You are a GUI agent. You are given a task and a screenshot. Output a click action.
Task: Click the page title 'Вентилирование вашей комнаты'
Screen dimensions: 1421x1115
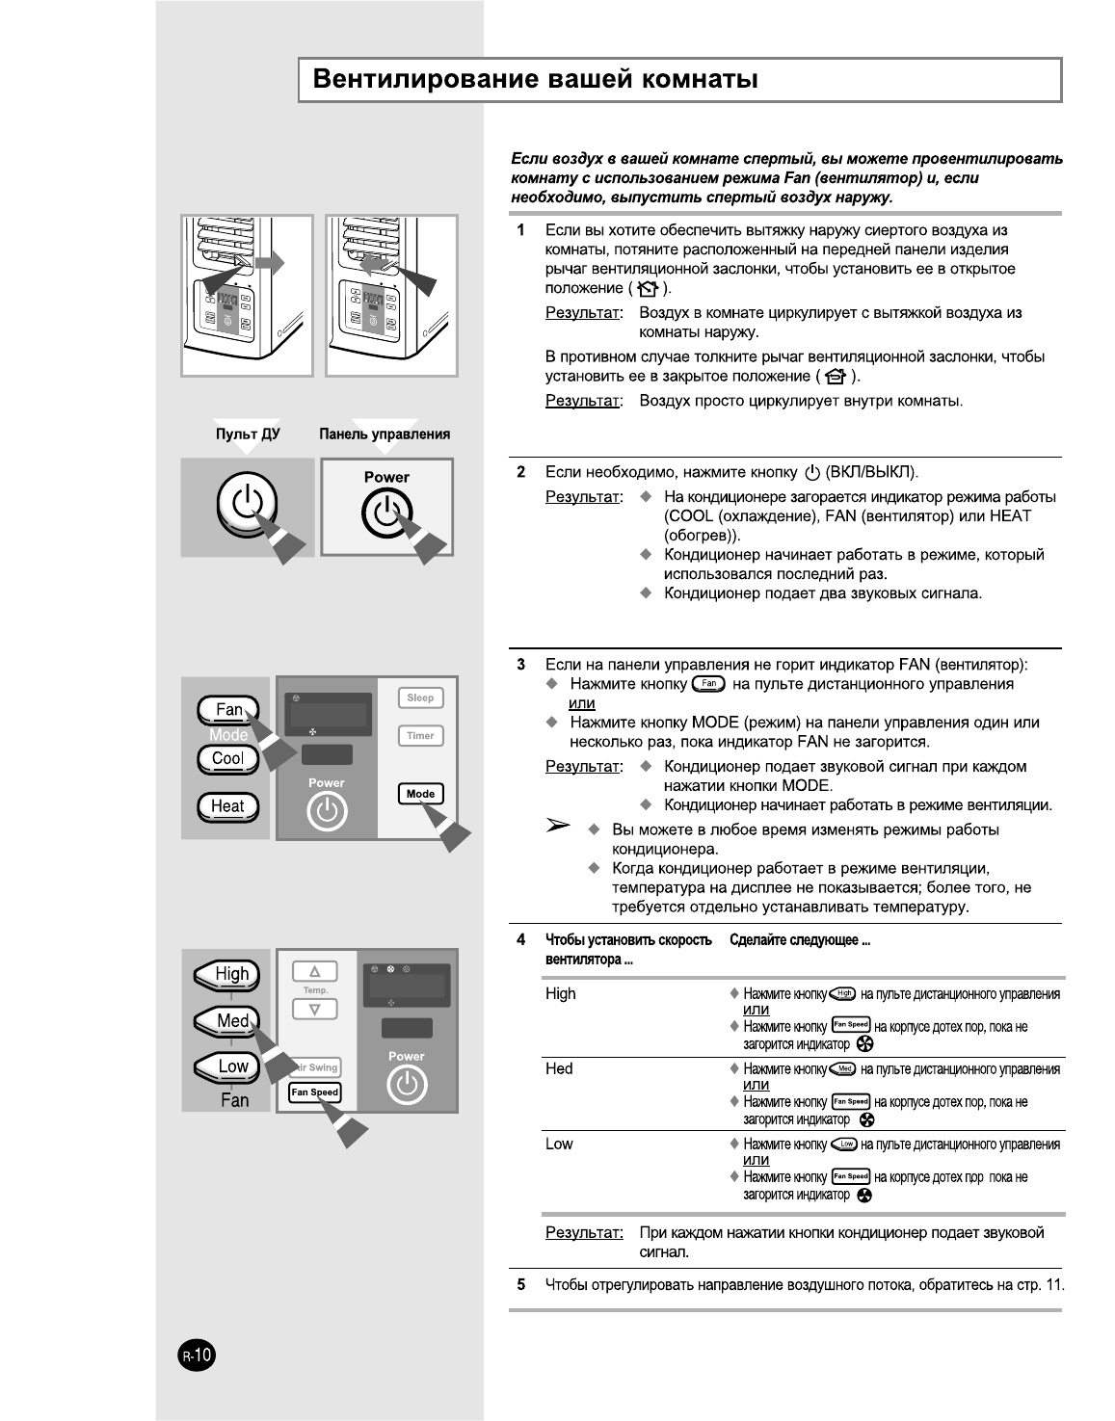click(536, 79)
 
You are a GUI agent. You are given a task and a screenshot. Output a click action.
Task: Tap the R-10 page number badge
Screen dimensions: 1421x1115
click(198, 1356)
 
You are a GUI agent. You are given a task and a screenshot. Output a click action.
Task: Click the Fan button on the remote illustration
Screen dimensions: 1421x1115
click(227, 710)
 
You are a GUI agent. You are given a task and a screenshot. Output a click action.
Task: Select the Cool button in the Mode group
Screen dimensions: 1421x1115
click(227, 758)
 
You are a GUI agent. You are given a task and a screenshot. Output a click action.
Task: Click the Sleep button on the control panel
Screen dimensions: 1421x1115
click(420, 697)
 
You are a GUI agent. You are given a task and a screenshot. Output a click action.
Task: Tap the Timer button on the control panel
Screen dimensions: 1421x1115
click(420, 736)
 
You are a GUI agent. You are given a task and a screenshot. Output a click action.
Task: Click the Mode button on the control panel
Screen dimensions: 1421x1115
click(420, 794)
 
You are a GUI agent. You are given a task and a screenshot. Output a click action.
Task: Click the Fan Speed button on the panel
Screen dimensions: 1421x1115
click(315, 1092)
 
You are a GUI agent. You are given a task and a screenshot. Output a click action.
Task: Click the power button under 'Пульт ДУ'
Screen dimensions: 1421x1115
click(247, 504)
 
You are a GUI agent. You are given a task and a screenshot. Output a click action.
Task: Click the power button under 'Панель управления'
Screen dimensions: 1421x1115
click(386, 513)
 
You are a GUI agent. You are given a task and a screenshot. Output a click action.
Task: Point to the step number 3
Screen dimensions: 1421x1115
click(521, 665)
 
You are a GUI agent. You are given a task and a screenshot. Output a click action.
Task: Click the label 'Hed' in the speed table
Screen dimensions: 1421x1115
click(559, 1068)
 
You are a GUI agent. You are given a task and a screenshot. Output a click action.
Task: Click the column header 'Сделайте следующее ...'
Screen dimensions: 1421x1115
click(800, 940)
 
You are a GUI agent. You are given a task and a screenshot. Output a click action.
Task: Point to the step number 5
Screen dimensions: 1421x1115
click(521, 1284)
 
